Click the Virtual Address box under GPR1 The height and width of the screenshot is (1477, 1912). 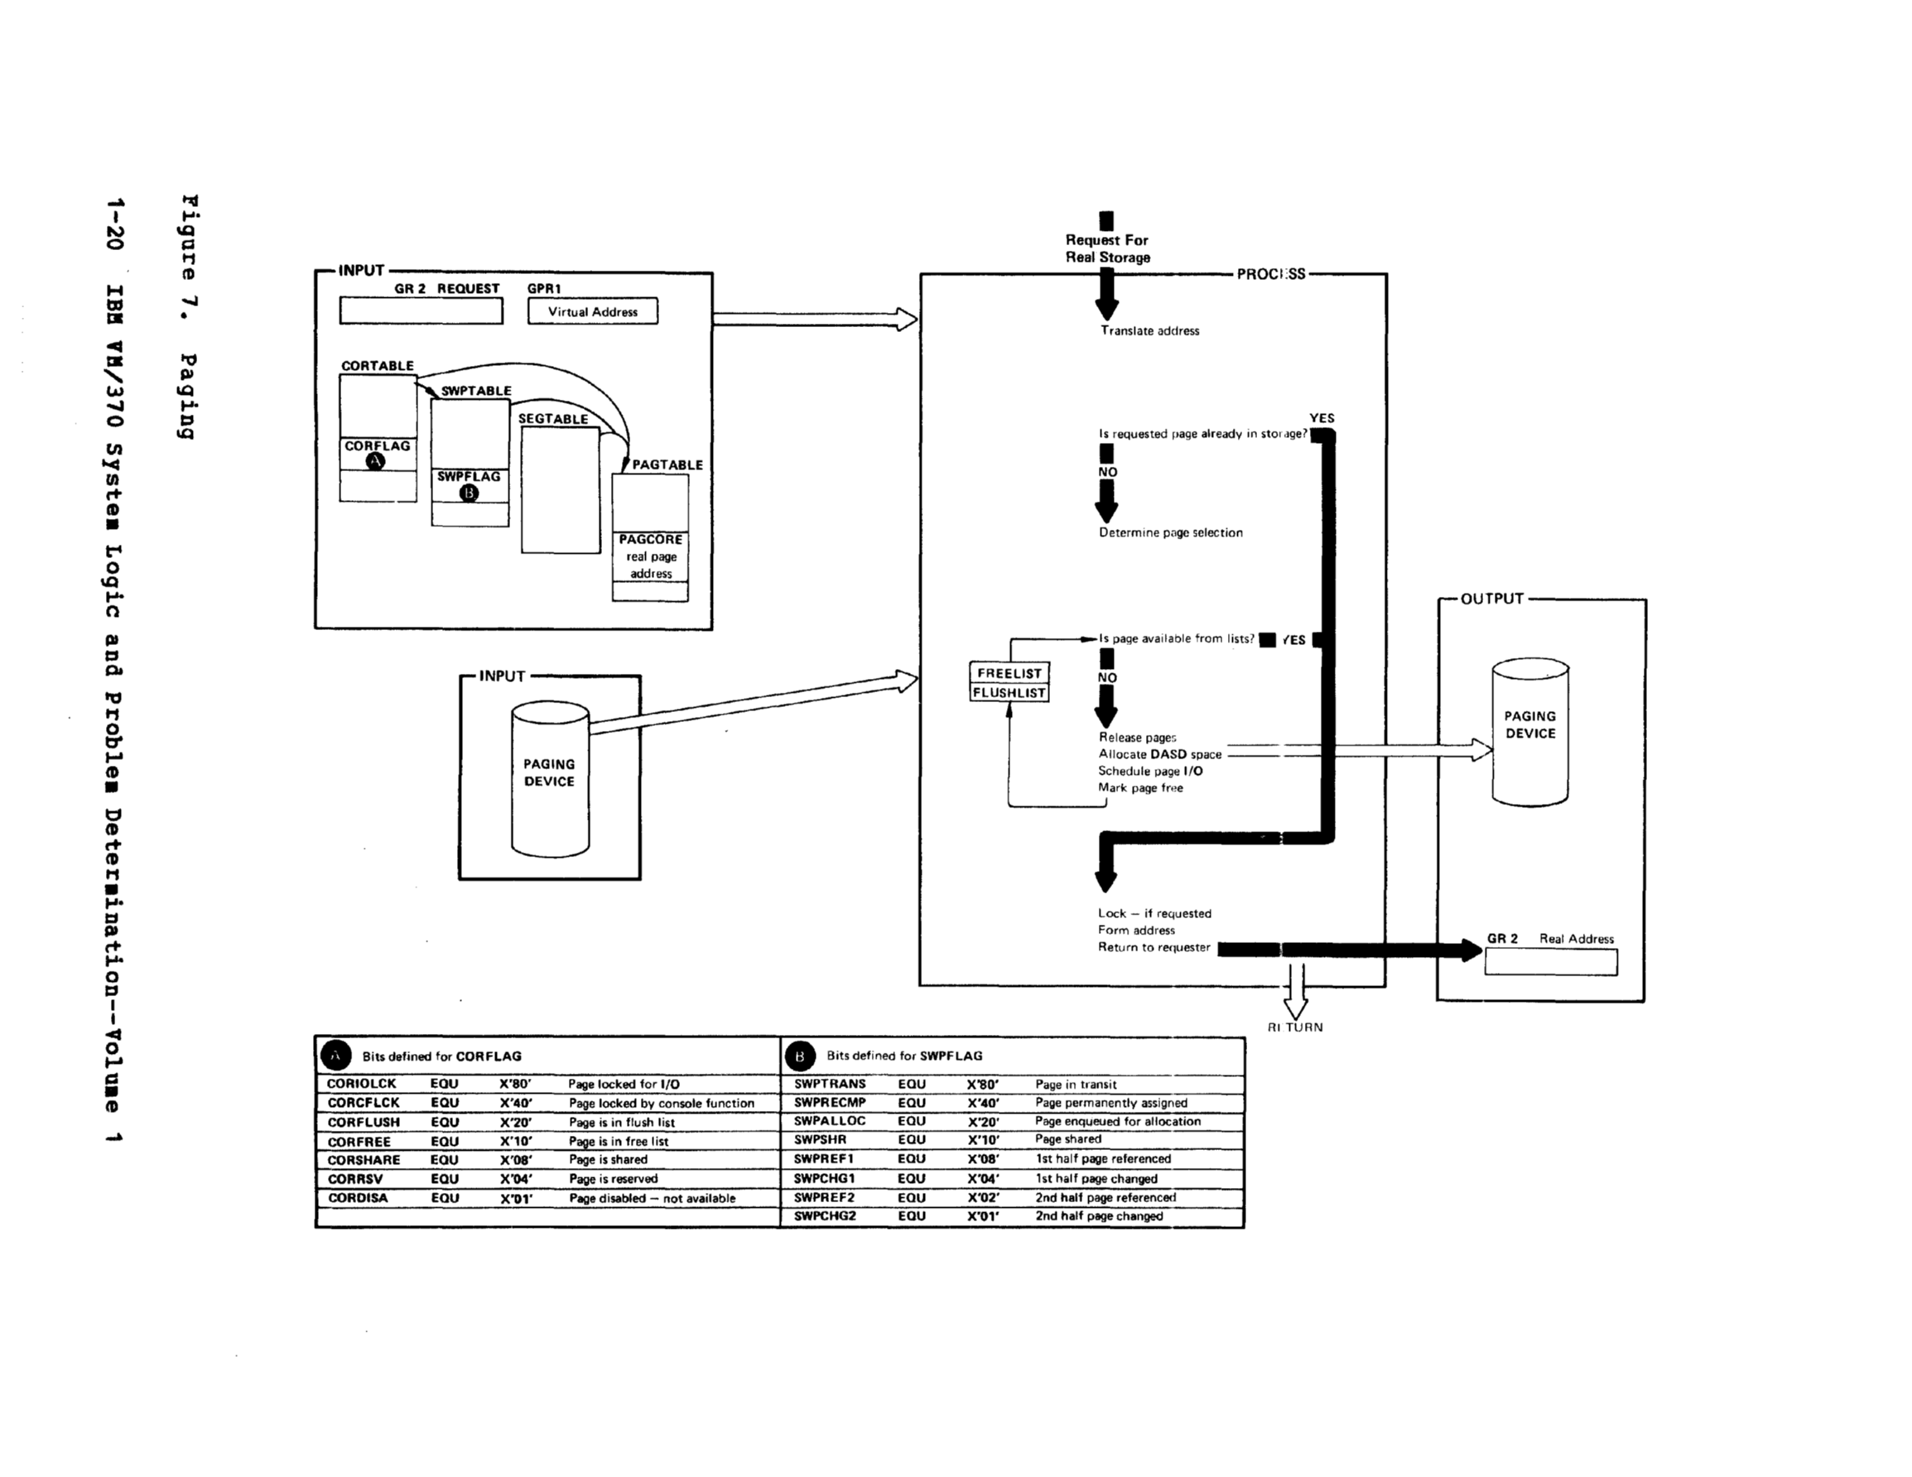coord(592,311)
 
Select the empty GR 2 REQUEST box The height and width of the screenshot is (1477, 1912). coord(421,310)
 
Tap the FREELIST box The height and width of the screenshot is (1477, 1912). coord(1009,673)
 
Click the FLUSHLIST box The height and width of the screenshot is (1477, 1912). coord(1009,692)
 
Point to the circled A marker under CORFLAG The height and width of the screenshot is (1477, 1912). coord(376,461)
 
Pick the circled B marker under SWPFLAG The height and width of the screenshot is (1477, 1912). coord(470,493)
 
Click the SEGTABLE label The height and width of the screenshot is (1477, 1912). coord(553,418)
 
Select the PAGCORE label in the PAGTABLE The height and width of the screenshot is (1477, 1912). coord(651,539)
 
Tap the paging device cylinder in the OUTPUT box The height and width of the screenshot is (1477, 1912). coord(1529,732)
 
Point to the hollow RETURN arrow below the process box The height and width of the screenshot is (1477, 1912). coord(1295,993)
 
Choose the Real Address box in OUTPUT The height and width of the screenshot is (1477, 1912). coord(1550,962)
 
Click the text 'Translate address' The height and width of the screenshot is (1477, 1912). coord(1149,331)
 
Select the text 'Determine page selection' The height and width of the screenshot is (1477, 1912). coord(1171,532)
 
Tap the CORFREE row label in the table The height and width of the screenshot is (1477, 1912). coord(359,1142)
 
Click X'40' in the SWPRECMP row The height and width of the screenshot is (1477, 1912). coord(982,1103)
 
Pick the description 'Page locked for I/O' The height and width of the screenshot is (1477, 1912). coord(624,1084)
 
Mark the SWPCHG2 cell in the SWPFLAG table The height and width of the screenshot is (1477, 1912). coord(825,1216)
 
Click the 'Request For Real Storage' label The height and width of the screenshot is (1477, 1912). coord(1106,248)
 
